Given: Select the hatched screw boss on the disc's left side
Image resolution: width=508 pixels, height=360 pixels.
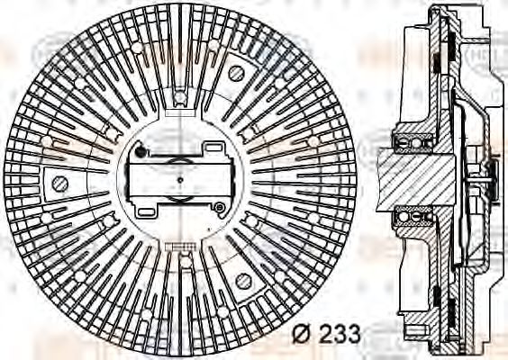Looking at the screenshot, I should point(60,184).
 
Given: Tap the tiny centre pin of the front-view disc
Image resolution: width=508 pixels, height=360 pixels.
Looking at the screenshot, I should point(180,180).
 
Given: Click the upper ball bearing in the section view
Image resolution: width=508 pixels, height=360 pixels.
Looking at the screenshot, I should point(414,142).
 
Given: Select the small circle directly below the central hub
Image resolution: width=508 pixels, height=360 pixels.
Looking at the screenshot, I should point(185,262).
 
